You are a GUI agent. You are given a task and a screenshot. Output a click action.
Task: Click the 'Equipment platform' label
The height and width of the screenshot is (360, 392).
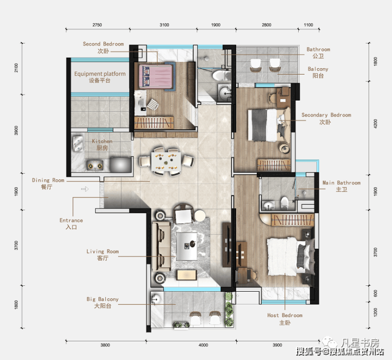(x=100, y=74)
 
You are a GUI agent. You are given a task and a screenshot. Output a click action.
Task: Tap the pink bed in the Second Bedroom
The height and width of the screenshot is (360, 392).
(x=156, y=76)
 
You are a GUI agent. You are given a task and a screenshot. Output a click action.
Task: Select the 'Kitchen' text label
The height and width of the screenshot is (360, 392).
(x=102, y=141)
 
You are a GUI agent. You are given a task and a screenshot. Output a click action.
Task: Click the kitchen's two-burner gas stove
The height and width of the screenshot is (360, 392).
(x=95, y=165)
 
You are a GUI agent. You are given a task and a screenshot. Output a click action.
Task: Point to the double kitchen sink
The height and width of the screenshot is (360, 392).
(x=78, y=143)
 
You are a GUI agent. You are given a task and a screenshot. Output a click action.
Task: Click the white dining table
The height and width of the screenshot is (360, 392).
(x=166, y=161)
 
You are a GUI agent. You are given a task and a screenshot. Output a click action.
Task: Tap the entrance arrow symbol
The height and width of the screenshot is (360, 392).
(x=85, y=189)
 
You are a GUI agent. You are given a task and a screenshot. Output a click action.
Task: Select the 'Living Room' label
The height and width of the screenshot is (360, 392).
(x=102, y=251)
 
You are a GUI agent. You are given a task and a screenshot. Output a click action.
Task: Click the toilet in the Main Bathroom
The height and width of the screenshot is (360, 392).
(x=284, y=203)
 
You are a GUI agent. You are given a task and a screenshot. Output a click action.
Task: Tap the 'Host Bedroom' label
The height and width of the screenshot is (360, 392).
(x=285, y=316)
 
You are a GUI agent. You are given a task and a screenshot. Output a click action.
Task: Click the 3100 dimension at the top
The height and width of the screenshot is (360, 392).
(x=164, y=25)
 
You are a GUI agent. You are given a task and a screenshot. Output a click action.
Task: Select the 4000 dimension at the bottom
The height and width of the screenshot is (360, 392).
(x=203, y=345)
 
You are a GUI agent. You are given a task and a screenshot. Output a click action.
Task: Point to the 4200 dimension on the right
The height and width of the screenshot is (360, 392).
(x=375, y=124)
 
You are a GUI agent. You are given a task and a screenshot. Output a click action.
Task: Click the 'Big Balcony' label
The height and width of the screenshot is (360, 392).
(x=102, y=299)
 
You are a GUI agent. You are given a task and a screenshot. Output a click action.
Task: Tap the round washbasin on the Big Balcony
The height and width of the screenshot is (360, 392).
(x=156, y=299)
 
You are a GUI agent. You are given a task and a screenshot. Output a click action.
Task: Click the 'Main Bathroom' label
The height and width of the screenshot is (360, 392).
(x=342, y=183)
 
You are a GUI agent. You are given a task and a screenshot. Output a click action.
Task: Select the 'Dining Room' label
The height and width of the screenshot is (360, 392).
(x=48, y=180)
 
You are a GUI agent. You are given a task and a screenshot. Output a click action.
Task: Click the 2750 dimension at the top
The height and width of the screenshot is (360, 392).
(x=97, y=25)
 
